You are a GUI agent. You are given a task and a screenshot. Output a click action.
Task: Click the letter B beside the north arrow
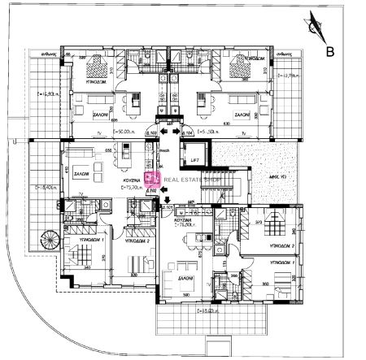tap(330, 53)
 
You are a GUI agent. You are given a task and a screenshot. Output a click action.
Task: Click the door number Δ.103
tap(151, 132)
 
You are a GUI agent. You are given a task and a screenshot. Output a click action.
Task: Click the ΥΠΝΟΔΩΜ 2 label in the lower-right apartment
tap(281, 243)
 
